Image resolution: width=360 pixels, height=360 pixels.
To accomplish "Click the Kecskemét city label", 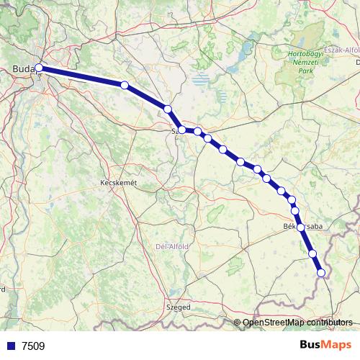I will pyautogui.click(x=117, y=184).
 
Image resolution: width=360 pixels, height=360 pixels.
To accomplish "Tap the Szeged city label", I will pyautogui.click(x=179, y=307).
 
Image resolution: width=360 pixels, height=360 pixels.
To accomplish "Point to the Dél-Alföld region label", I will pyautogui.click(x=172, y=246).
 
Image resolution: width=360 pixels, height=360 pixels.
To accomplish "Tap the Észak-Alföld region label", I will pyautogui.click(x=343, y=50).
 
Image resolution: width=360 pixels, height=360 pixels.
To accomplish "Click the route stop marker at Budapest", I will pyautogui.click(x=39, y=69).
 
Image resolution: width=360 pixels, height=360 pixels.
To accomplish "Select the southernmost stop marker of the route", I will pyautogui.click(x=321, y=272).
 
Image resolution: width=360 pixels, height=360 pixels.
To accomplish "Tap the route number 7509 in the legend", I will pyautogui.click(x=33, y=346).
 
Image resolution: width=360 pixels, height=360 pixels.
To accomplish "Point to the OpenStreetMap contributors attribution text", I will pyautogui.click(x=298, y=322).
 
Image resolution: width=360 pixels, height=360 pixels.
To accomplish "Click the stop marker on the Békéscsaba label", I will pyautogui.click(x=300, y=227).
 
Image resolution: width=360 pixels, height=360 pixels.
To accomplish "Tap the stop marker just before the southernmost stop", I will pyautogui.click(x=312, y=253).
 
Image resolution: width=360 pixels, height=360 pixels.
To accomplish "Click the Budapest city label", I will pyautogui.click(x=24, y=69).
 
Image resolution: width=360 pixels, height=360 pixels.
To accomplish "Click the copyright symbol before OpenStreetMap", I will pyautogui.click(x=238, y=322).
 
